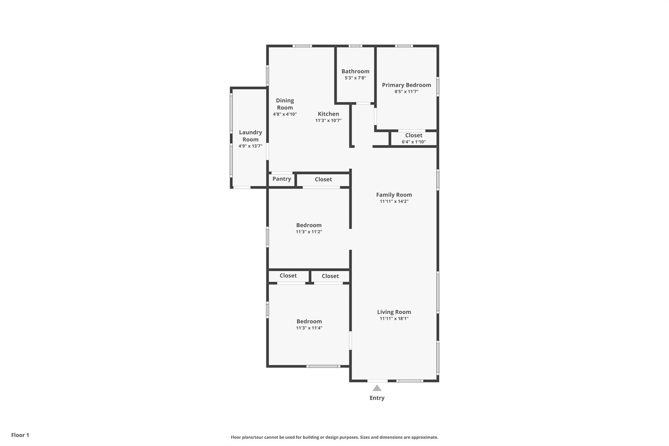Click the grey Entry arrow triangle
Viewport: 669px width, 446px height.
point(377,388)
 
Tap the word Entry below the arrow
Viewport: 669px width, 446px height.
point(377,398)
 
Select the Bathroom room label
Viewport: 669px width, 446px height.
point(355,71)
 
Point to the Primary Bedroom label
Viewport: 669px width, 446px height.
point(406,85)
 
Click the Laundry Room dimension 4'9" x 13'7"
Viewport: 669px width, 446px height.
point(250,146)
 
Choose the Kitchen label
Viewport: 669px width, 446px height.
point(328,114)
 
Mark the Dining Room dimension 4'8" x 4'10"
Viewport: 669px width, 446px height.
point(285,114)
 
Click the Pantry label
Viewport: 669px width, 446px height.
point(282,179)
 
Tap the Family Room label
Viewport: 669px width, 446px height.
point(394,195)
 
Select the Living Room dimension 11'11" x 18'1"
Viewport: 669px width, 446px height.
point(394,319)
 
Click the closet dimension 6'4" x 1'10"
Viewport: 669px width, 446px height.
point(414,142)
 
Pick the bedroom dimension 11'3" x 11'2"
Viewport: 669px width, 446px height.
point(309,232)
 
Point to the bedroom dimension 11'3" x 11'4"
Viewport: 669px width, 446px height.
point(309,328)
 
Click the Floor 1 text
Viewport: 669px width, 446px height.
point(20,435)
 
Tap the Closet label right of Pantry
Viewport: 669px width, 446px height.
point(323,179)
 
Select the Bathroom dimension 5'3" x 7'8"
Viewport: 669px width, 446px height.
point(355,78)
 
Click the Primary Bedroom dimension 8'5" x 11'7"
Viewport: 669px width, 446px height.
point(406,92)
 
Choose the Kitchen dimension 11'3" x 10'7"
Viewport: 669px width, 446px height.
point(328,121)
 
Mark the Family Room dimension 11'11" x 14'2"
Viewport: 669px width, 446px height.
point(394,202)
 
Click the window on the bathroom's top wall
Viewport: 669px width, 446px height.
point(355,46)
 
